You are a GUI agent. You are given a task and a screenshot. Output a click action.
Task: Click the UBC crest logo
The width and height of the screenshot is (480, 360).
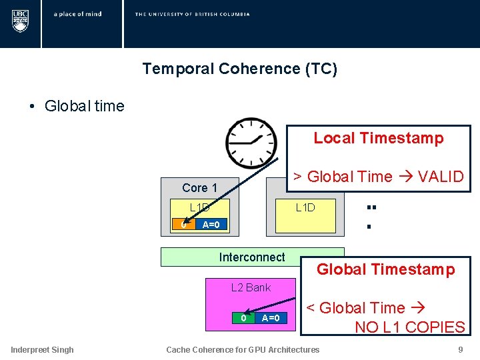(x=20, y=21)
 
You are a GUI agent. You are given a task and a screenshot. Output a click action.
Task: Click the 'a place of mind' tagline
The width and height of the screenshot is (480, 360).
(x=77, y=14)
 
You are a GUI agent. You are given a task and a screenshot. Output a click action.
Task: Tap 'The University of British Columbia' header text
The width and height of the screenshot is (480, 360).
(x=192, y=14)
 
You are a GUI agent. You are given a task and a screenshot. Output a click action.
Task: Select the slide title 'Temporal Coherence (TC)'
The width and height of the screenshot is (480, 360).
(x=239, y=69)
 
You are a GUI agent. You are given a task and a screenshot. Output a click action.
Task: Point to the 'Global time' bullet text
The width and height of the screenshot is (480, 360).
(x=84, y=106)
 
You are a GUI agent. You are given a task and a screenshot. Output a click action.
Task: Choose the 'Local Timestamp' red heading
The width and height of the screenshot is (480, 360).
(x=378, y=138)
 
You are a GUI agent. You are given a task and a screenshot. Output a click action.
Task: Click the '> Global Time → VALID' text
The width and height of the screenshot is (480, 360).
(x=378, y=177)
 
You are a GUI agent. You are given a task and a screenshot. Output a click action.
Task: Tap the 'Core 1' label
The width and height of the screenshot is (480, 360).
(x=199, y=188)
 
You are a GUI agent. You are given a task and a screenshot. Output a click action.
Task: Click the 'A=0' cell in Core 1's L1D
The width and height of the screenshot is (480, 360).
(x=211, y=225)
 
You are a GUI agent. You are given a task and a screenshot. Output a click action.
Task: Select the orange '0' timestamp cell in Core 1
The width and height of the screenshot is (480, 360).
(x=181, y=225)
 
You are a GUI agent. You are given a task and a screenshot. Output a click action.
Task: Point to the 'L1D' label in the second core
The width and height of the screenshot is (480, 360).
(x=305, y=207)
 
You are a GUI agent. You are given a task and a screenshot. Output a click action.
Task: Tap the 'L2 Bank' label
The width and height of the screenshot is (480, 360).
(x=251, y=287)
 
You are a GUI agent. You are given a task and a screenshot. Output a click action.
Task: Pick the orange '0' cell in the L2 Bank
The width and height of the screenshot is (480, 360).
(x=243, y=318)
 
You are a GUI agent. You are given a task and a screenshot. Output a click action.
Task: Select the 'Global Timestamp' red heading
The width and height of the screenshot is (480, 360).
(x=385, y=269)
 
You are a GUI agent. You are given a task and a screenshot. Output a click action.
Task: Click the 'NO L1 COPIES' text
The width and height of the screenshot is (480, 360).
(x=409, y=327)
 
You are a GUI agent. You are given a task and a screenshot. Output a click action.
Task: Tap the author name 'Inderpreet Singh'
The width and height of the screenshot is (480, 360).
(x=42, y=349)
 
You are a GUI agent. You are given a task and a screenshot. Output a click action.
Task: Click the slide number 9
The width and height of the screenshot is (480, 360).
(x=460, y=349)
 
